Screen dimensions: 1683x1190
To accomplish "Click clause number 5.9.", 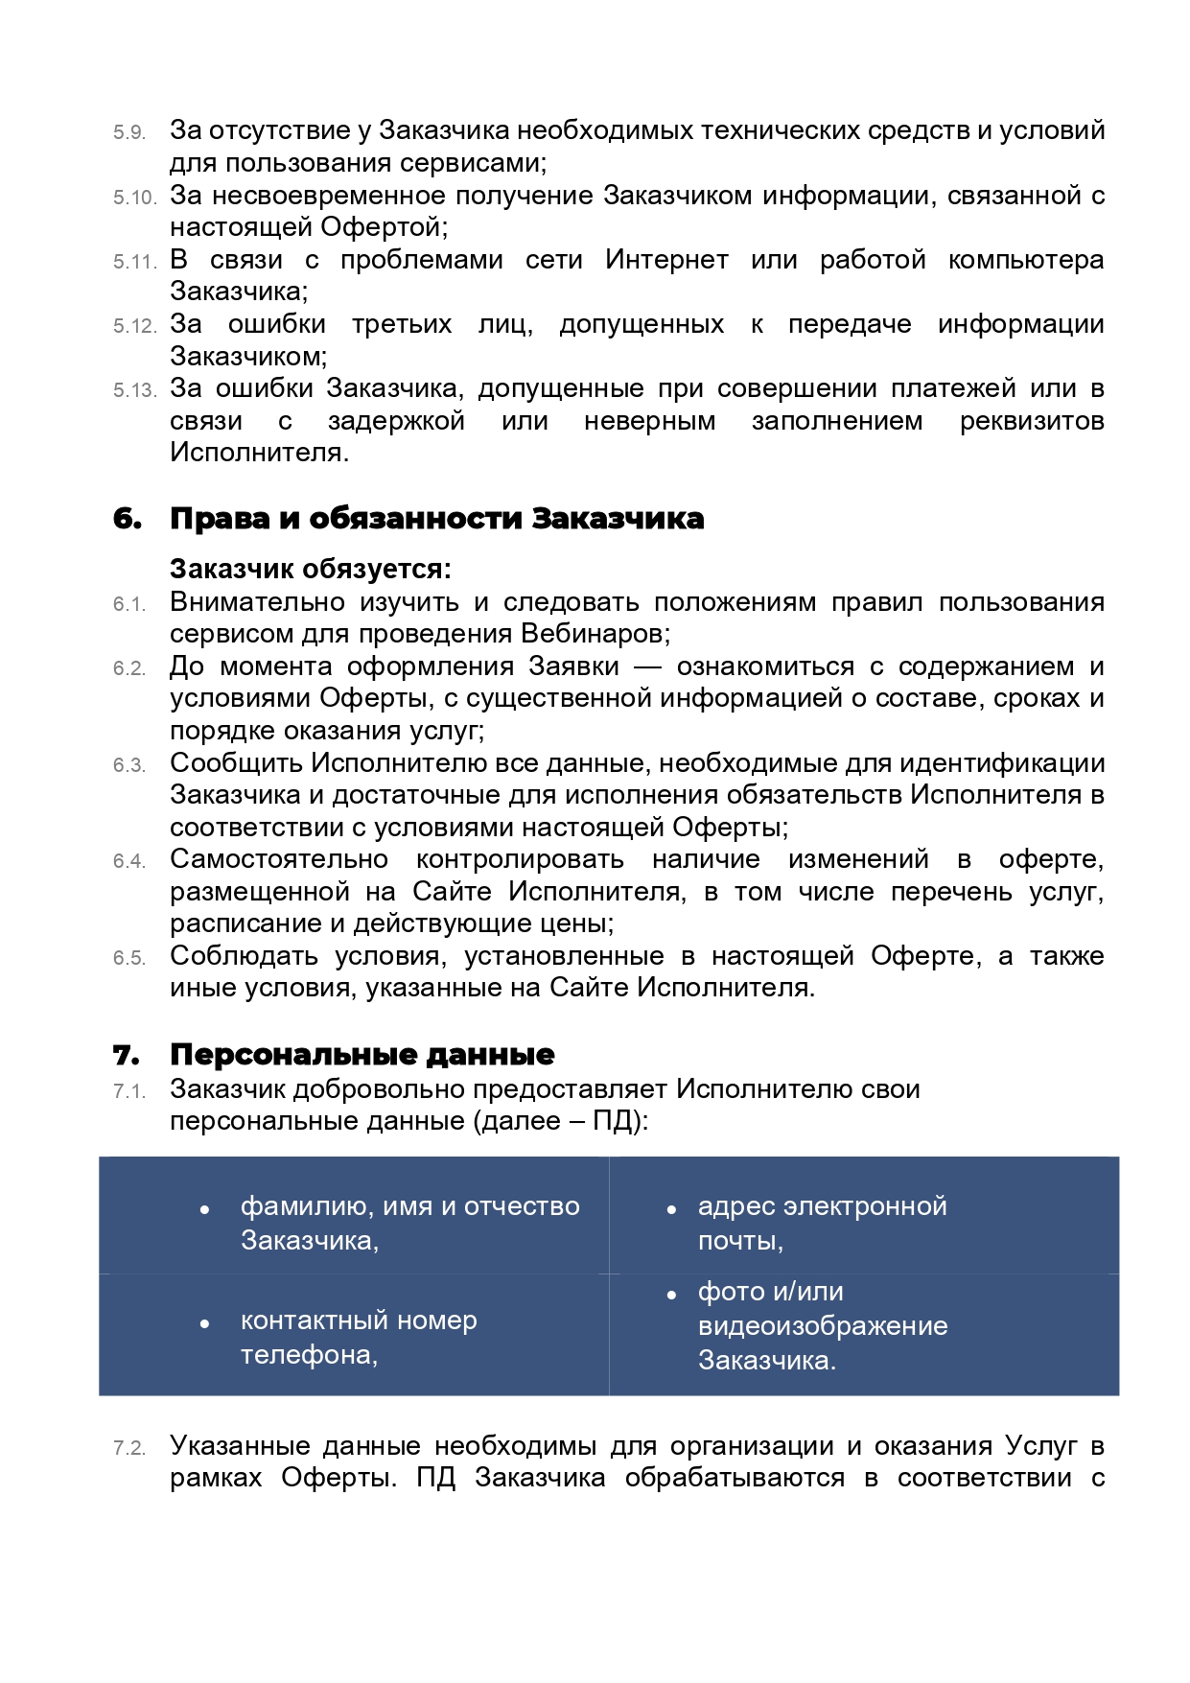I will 129,132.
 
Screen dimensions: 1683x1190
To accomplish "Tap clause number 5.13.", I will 133,390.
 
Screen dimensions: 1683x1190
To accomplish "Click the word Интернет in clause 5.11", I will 666,260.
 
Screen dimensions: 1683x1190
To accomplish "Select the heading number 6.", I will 128,519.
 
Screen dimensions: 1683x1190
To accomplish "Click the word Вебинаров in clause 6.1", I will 594,634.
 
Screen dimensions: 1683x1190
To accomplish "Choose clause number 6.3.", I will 129,765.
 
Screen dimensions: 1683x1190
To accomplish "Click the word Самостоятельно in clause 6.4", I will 279,859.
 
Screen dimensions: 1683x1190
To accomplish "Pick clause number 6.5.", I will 129,958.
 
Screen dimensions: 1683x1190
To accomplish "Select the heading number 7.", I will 127,1055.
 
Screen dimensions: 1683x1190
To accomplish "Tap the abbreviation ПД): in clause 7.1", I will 619,1121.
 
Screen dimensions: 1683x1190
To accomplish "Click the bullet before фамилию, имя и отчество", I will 204,1209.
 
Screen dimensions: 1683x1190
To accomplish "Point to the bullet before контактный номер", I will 204,1323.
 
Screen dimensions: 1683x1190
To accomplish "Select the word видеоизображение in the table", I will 823,1326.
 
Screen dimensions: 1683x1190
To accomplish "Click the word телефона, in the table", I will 309,1355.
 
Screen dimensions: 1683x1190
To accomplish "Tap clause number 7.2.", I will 129,1448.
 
